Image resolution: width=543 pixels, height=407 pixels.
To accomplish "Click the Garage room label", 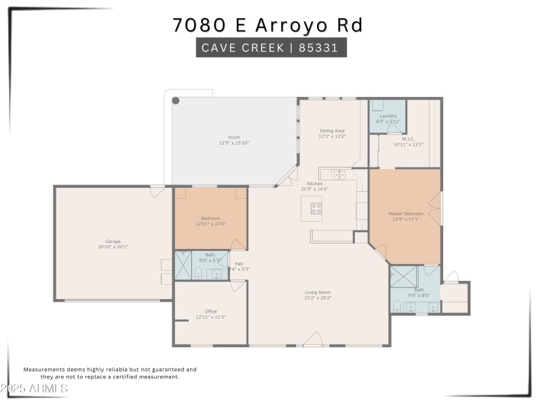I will pyautogui.click(x=112, y=241).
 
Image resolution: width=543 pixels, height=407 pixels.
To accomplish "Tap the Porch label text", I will pyautogui.click(x=233, y=138).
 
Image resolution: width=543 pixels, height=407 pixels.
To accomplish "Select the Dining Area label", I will pyautogui.click(x=332, y=131).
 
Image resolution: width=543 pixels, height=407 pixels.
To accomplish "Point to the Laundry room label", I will pyautogui.click(x=388, y=116).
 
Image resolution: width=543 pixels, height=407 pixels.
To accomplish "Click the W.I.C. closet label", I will pyautogui.click(x=408, y=139).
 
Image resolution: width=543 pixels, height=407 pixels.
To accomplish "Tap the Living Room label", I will pyautogui.click(x=318, y=292).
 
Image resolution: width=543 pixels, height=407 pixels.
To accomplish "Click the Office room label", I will pyautogui.click(x=210, y=311).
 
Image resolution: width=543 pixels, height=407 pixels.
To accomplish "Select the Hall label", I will pyautogui.click(x=239, y=264).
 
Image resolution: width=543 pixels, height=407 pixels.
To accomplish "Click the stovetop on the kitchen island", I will pyautogui.click(x=316, y=208).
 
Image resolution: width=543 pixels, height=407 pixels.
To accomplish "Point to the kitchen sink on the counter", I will pyautogui.click(x=339, y=175).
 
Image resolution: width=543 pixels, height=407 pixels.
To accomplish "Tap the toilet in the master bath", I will pyautogui.click(x=396, y=305).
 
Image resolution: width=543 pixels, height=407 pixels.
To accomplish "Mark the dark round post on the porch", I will pyautogui.click(x=175, y=101).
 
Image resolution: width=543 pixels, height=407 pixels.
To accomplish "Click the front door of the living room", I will pyautogui.click(x=312, y=340).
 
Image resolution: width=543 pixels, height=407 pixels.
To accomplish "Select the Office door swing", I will pyautogui.click(x=237, y=286).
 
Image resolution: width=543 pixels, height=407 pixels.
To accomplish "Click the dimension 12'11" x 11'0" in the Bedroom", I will pyautogui.click(x=210, y=223).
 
